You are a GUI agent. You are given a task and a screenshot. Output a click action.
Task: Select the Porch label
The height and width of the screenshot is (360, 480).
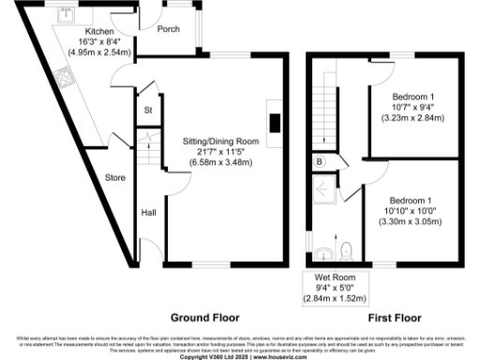[169, 28]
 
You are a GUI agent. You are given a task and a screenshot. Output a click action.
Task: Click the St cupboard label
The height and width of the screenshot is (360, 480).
[148, 112]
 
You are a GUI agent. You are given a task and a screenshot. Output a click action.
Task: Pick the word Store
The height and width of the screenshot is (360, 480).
[115, 176]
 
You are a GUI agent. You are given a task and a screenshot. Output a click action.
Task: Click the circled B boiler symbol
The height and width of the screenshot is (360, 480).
[319, 161]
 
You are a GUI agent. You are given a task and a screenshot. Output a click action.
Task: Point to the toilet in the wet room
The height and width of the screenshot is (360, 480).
[346, 249]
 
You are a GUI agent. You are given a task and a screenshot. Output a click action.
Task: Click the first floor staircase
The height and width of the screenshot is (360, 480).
[326, 103]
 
